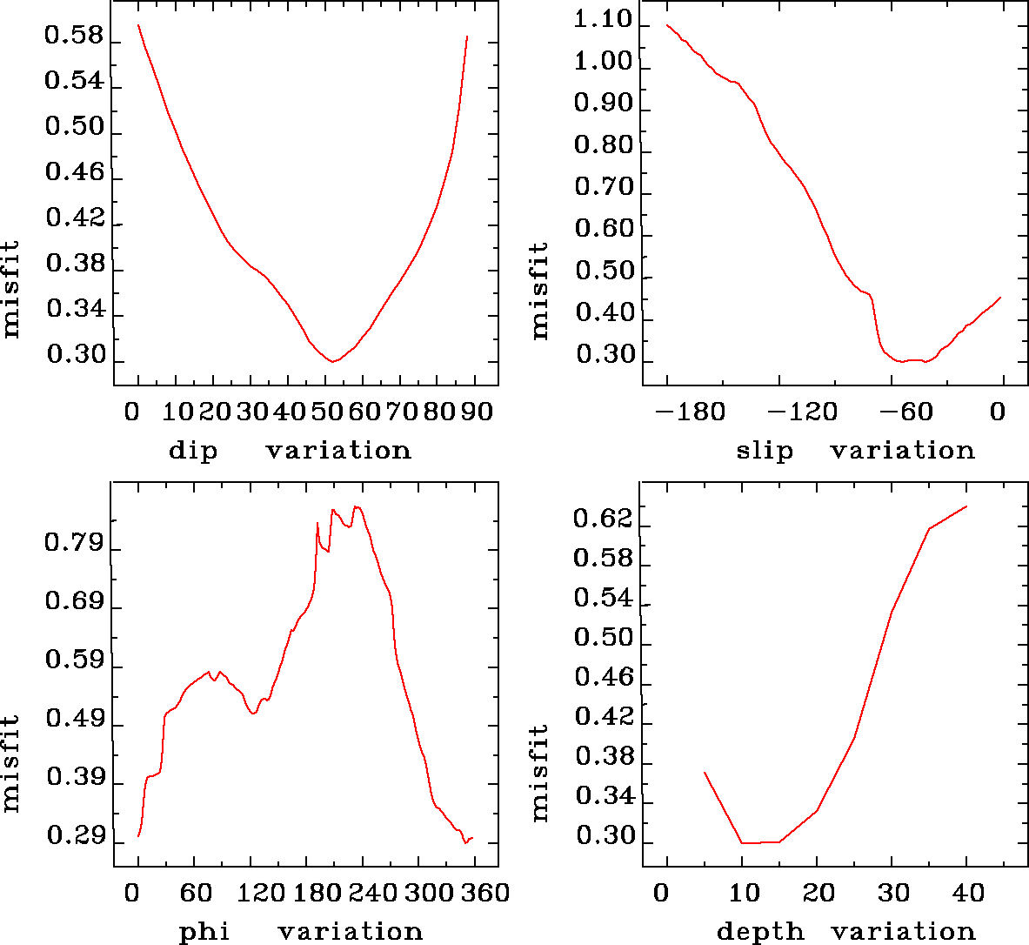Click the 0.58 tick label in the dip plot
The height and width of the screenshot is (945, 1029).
(x=74, y=37)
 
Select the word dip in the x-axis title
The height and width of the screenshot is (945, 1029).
(x=192, y=451)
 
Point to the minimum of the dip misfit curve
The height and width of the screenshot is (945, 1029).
(x=332, y=361)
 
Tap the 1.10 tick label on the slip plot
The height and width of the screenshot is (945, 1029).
(x=604, y=20)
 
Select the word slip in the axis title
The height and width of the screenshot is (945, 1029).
(x=765, y=451)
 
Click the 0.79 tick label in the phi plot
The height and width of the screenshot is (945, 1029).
(x=74, y=545)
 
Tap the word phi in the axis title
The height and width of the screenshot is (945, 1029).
(x=204, y=932)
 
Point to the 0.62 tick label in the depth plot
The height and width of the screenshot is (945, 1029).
(x=604, y=519)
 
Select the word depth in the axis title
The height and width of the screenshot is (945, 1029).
(x=760, y=932)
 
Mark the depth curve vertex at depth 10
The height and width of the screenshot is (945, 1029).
(x=742, y=842)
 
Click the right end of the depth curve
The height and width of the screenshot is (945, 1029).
(x=966, y=506)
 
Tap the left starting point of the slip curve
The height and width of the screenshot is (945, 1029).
(x=667, y=24)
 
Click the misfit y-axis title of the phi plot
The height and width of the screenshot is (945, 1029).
(x=11, y=763)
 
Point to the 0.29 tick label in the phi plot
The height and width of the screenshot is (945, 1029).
(x=74, y=837)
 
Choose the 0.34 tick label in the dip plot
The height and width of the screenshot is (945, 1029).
(x=74, y=310)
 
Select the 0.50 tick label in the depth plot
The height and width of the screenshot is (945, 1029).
(x=604, y=638)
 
